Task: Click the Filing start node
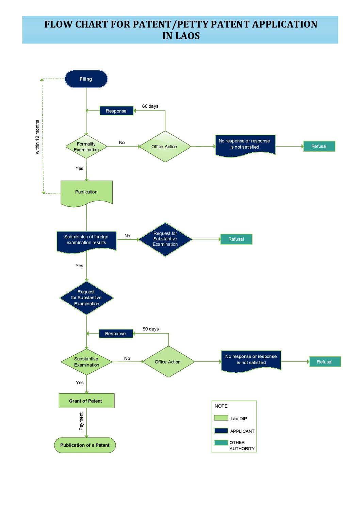(86, 79)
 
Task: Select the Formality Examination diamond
(86, 147)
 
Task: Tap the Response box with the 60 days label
(116, 111)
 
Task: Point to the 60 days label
(150, 106)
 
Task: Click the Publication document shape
(86, 193)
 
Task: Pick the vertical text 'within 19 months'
(37, 137)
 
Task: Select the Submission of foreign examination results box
(86, 241)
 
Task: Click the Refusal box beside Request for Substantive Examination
(236, 239)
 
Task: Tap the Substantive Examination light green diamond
(86, 362)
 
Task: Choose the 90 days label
(150, 329)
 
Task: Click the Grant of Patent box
(86, 401)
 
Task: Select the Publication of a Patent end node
(85, 445)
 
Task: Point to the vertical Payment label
(81, 421)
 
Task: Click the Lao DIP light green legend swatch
(221, 418)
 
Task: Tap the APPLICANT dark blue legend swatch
(221, 430)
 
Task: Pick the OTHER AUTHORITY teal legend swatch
(221, 443)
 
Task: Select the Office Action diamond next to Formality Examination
(165, 147)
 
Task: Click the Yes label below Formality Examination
(79, 168)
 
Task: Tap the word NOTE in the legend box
(221, 406)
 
